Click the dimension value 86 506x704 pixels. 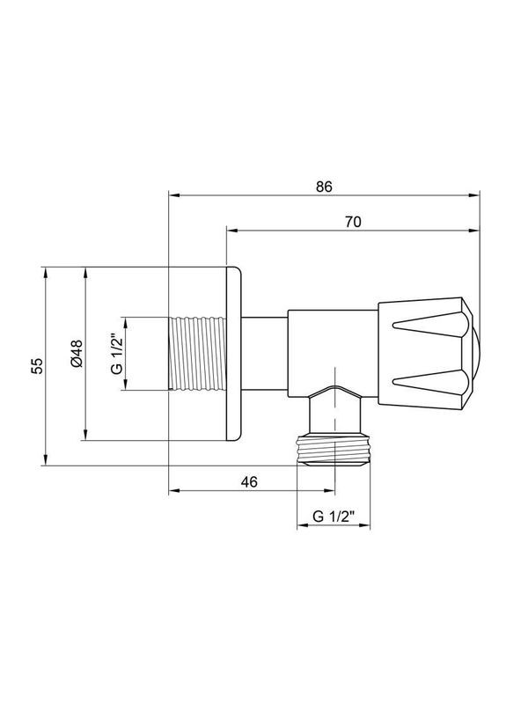click(323, 186)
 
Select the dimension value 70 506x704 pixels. click(352, 222)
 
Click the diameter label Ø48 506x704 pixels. click(77, 354)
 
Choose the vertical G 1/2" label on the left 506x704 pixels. click(115, 353)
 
